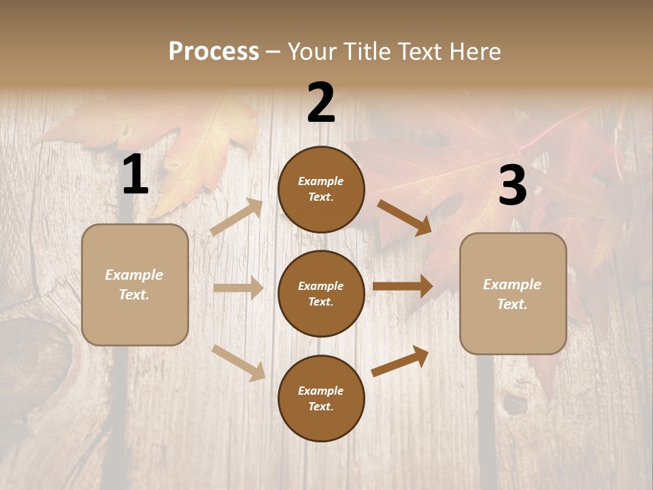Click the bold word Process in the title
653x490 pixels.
click(214, 52)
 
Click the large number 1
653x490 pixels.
click(135, 175)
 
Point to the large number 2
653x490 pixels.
click(321, 103)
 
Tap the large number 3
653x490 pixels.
click(512, 186)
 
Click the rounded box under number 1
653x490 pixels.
click(135, 284)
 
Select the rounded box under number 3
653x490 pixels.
click(513, 294)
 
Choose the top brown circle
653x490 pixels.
click(321, 189)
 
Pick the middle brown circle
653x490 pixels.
click(321, 293)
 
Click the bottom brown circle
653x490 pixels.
click(321, 398)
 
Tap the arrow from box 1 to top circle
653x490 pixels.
click(236, 217)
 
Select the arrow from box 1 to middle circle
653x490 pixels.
click(238, 288)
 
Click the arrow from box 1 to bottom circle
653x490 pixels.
click(238, 363)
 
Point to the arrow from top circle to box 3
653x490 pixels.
click(404, 217)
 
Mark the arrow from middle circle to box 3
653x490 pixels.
click(403, 287)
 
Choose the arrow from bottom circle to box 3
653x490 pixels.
click(400, 361)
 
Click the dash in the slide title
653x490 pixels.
click(273, 52)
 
